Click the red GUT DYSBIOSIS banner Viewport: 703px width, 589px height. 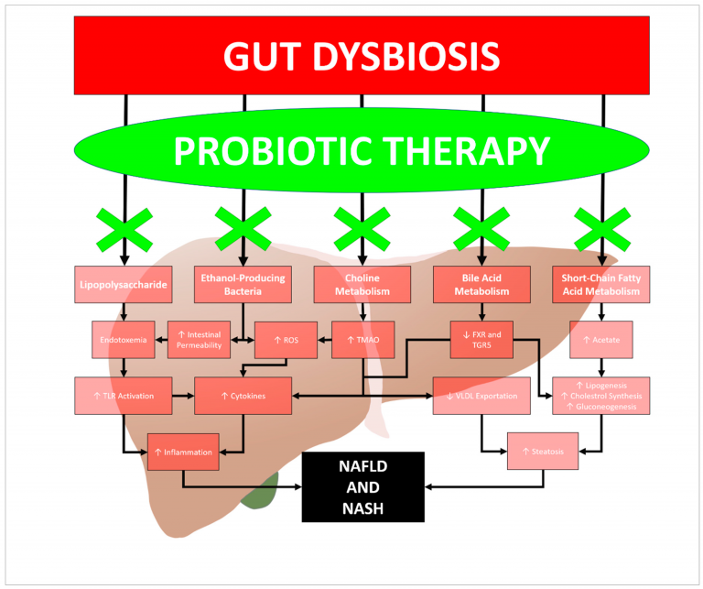(362, 55)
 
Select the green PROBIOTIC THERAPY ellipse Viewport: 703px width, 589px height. (362, 149)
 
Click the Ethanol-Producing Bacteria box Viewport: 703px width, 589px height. (243, 285)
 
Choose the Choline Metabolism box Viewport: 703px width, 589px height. (362, 285)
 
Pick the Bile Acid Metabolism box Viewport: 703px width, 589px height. (481, 285)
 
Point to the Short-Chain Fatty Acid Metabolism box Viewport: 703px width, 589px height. (601, 285)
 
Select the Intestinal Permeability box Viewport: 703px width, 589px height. (200, 340)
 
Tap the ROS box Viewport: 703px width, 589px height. (285, 340)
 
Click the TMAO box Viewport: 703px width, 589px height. (362, 340)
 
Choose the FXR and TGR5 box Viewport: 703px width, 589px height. (481, 340)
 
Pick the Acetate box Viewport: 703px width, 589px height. (601, 340)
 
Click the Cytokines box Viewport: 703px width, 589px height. (243, 396)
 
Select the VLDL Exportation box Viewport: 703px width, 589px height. (481, 396)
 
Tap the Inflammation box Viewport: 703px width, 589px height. (183, 452)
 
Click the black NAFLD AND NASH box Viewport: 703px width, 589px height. (362, 486)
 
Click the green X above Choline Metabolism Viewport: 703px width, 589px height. (362, 229)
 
